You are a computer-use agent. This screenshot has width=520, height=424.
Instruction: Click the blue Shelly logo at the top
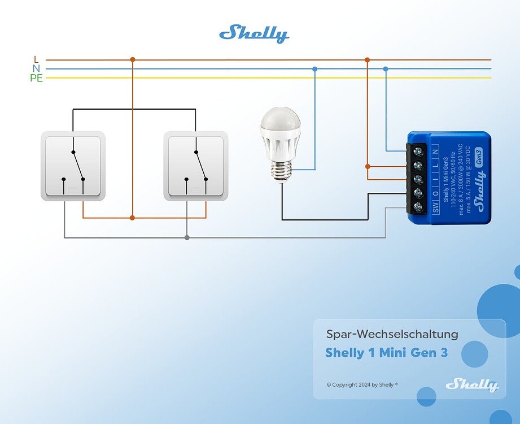(x=254, y=34)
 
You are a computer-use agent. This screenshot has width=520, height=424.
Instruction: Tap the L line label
(x=36, y=59)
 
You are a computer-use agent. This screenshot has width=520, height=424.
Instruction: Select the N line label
(x=36, y=68)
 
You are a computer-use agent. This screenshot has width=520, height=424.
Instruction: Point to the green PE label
(x=36, y=78)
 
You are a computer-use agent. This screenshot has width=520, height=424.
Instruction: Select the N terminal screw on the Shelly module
(x=418, y=152)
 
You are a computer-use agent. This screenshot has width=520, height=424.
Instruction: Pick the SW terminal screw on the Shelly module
(x=418, y=207)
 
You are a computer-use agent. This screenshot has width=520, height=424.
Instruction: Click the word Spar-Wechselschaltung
(x=392, y=334)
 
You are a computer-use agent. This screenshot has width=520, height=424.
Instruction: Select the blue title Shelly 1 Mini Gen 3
(x=386, y=353)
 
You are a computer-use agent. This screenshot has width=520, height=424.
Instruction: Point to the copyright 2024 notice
(x=362, y=384)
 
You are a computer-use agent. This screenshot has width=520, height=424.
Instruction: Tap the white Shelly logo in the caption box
(x=472, y=385)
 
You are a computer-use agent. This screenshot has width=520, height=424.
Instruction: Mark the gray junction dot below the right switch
(x=187, y=237)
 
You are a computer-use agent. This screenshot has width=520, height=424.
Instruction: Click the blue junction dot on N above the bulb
(x=315, y=69)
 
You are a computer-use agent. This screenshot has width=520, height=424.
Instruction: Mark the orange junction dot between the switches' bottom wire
(x=132, y=218)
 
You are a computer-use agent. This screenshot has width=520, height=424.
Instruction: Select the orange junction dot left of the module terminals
(x=368, y=166)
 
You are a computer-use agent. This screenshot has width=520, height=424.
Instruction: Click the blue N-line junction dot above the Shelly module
(x=386, y=69)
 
